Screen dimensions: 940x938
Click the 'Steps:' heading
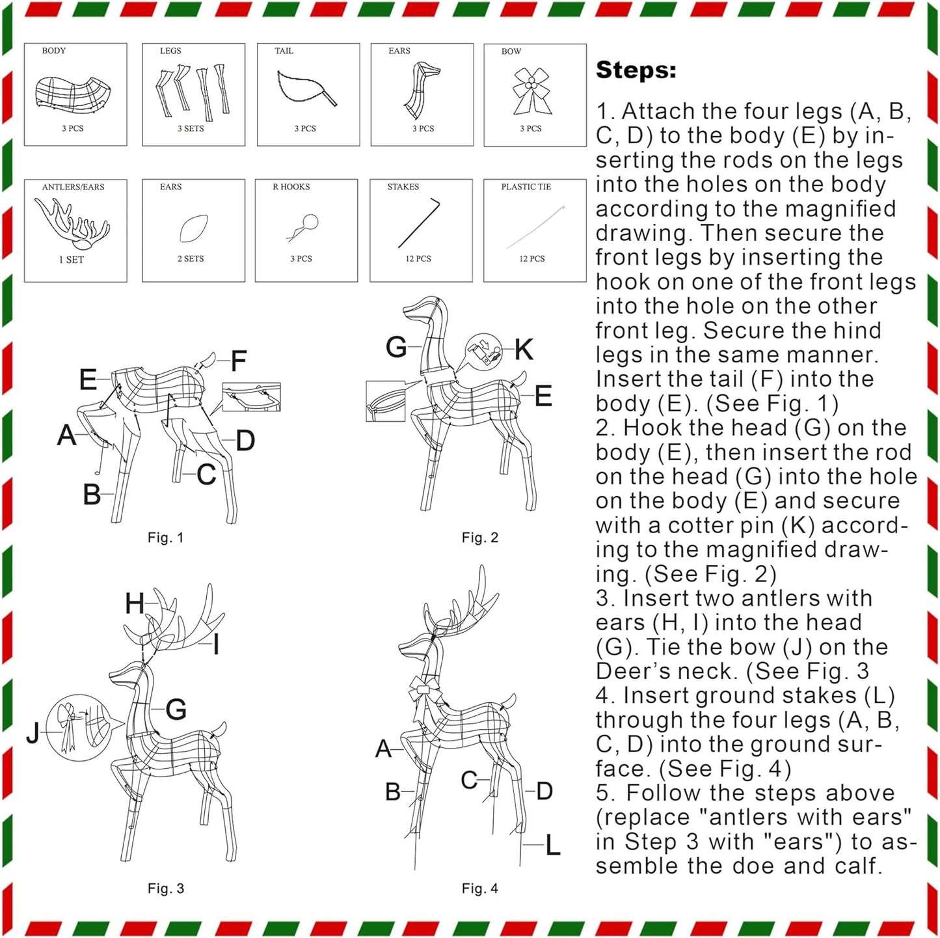pos(636,70)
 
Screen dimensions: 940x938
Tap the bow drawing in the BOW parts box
pos(531,91)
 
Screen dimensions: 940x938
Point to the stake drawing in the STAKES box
pos(419,222)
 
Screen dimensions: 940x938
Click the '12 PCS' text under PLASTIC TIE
pos(531,258)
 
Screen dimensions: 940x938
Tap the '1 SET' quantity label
pos(71,260)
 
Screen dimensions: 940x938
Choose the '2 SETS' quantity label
pos(190,258)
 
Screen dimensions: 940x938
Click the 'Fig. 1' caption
pos(165,538)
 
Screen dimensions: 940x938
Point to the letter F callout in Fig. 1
pos(238,361)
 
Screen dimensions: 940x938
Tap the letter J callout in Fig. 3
pos(33,732)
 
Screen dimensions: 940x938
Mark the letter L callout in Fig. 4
pos(552,845)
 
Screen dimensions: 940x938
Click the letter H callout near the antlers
pos(135,603)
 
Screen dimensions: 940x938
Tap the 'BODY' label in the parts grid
pos(53,51)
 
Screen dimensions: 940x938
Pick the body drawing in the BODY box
pos(74,92)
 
